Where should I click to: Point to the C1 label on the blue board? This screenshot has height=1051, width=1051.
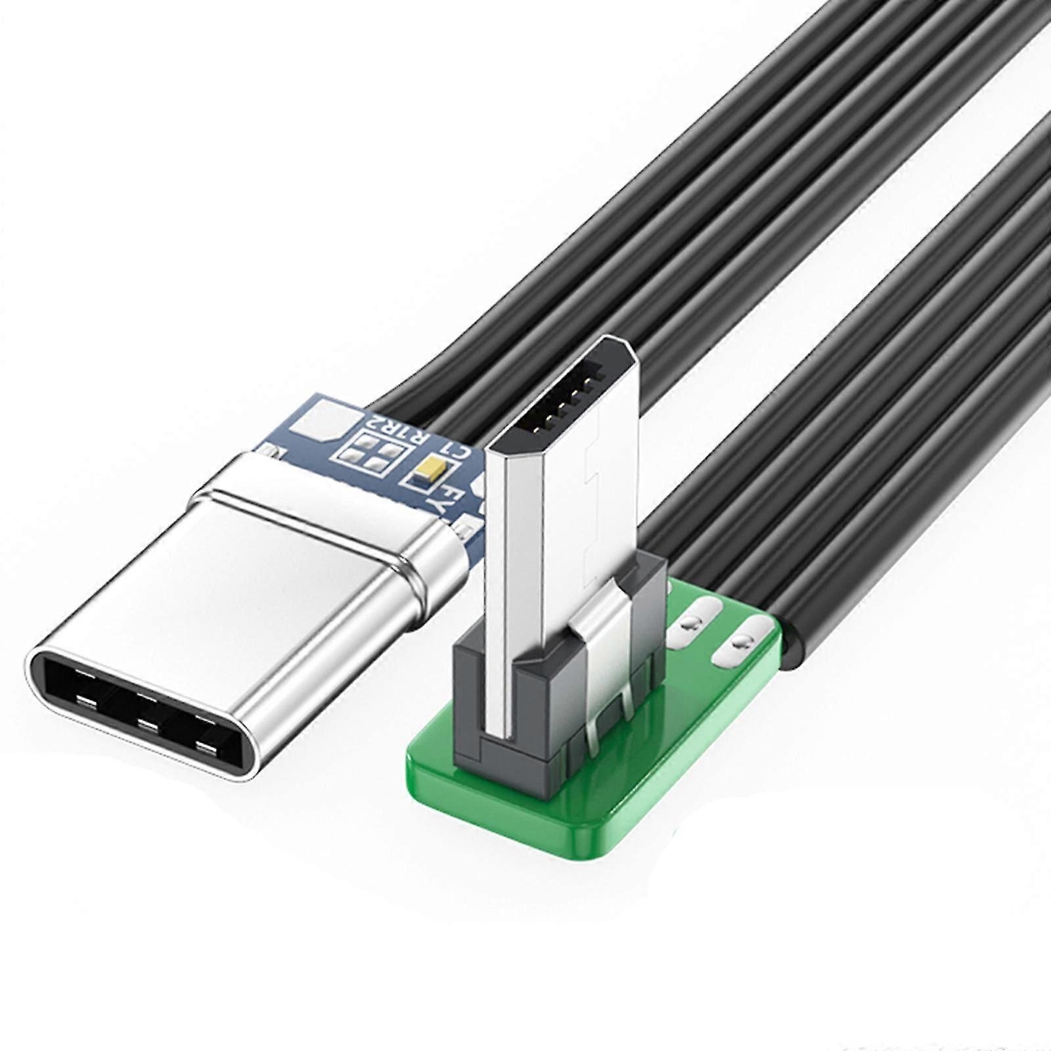point(457,453)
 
